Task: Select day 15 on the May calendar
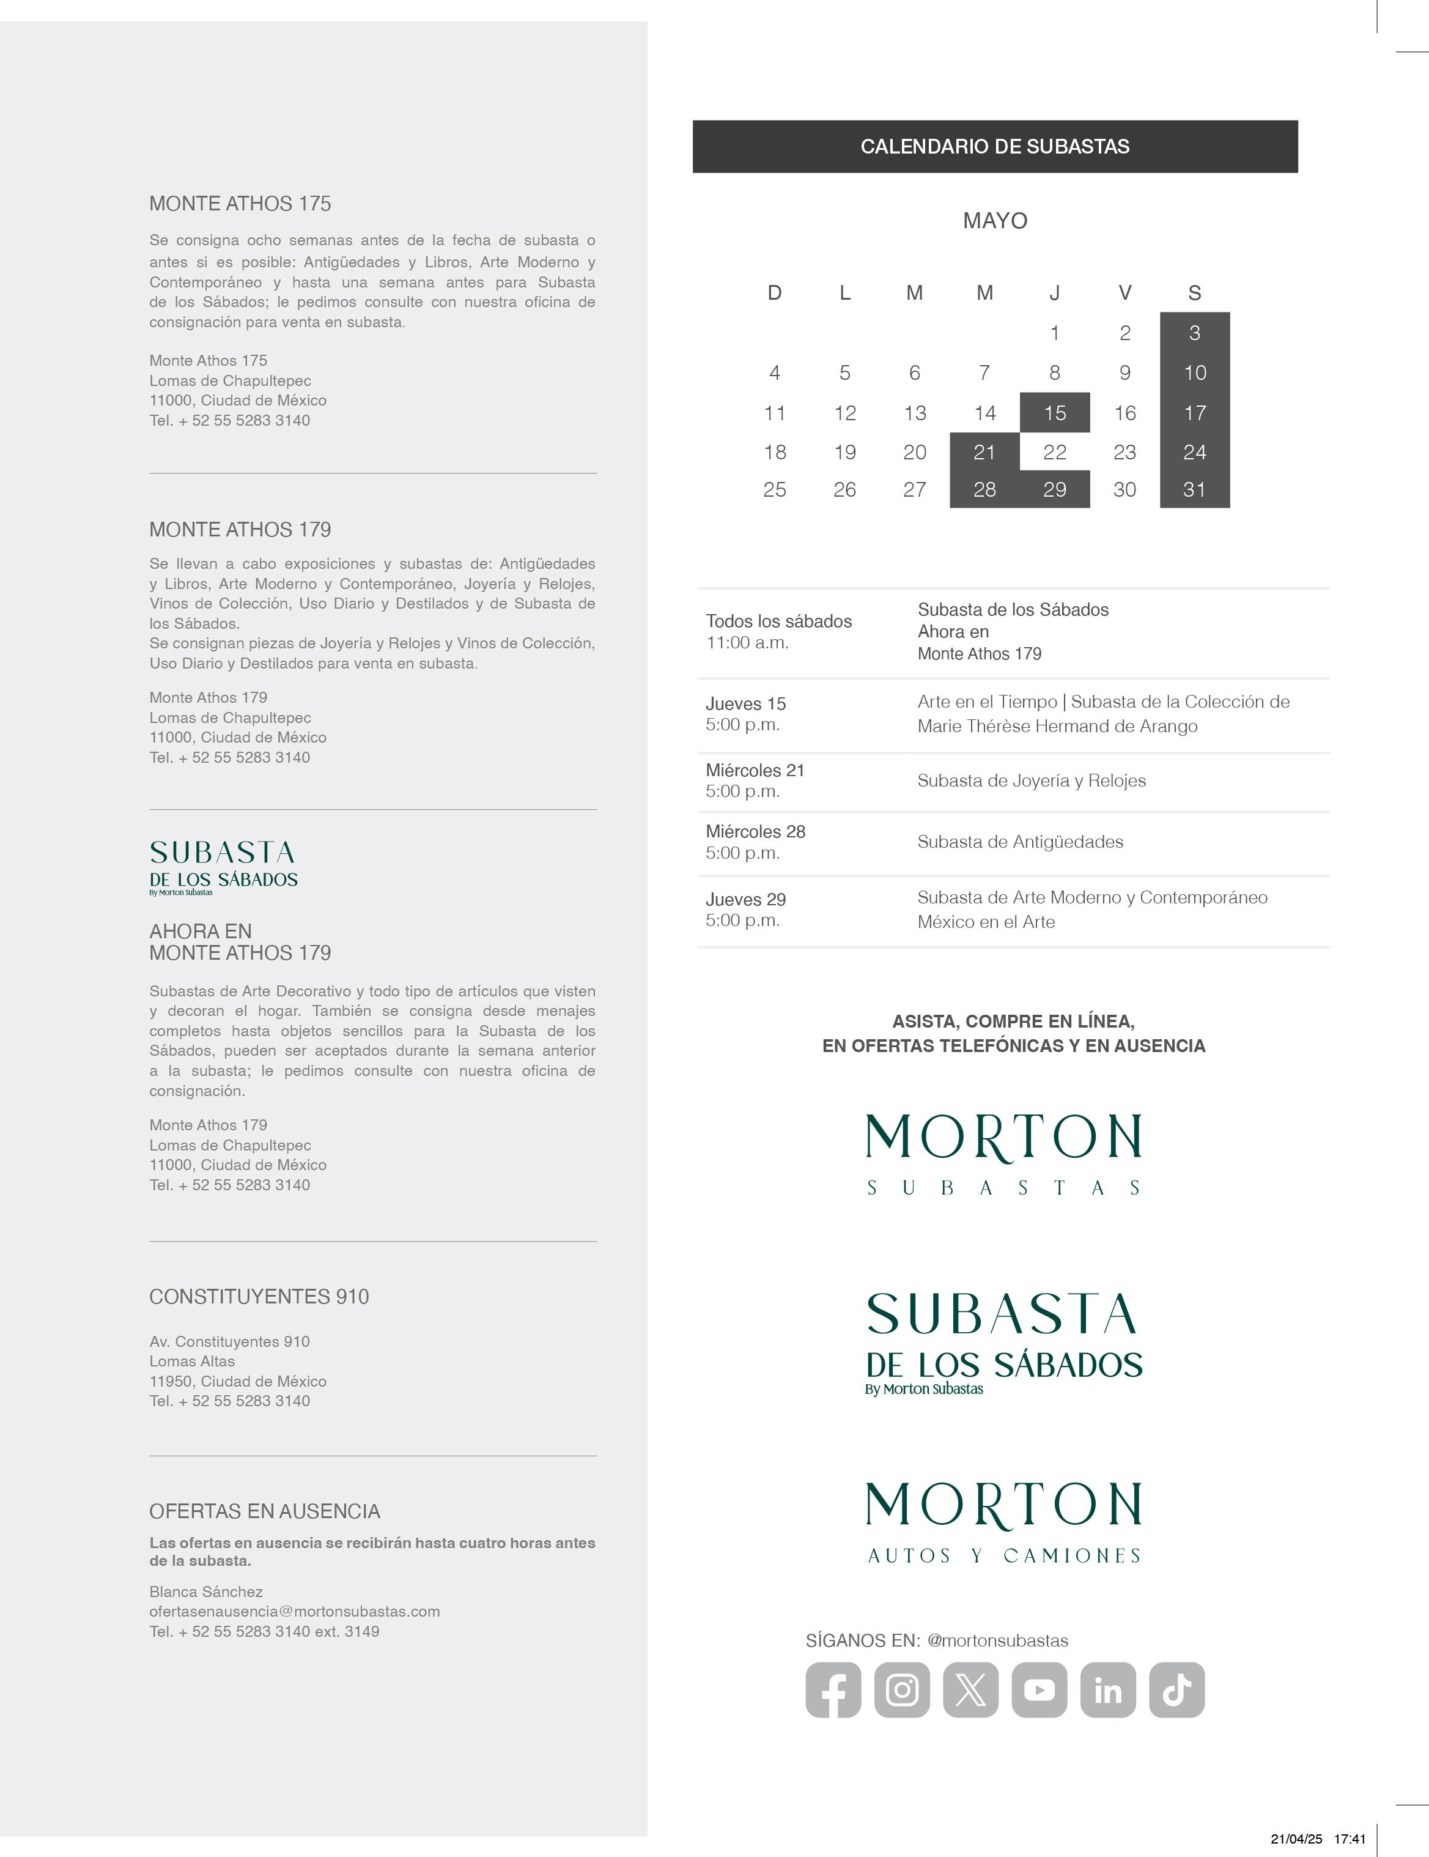click(1055, 413)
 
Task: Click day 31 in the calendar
click(1194, 490)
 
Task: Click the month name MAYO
click(995, 221)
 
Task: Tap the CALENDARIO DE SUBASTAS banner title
click(995, 146)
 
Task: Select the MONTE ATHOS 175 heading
click(240, 204)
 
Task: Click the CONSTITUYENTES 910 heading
click(259, 1297)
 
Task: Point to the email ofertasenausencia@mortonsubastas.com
click(294, 1611)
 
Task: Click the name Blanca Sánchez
click(205, 1592)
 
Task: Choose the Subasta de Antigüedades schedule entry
click(1020, 842)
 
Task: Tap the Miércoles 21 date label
click(755, 770)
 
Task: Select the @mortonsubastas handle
click(997, 1641)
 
